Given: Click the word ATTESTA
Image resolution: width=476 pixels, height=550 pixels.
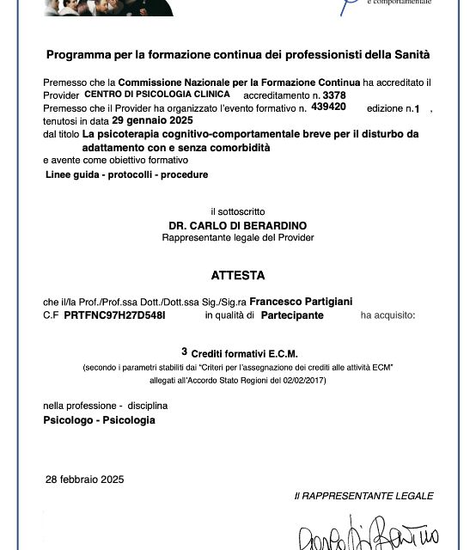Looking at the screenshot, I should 238,276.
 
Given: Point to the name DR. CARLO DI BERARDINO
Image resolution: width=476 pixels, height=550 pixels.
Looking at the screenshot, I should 238,225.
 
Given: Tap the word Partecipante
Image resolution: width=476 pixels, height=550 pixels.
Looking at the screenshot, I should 293,315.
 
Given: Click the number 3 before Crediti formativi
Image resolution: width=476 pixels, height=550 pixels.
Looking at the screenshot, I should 184,351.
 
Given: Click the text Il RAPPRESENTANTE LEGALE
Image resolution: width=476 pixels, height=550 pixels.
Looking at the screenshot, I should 363,496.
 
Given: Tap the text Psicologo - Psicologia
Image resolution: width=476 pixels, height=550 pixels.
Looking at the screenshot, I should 99,419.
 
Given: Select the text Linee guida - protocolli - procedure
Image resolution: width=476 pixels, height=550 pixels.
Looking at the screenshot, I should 126,174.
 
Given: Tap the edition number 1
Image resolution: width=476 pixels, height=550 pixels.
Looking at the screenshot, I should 418,108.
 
